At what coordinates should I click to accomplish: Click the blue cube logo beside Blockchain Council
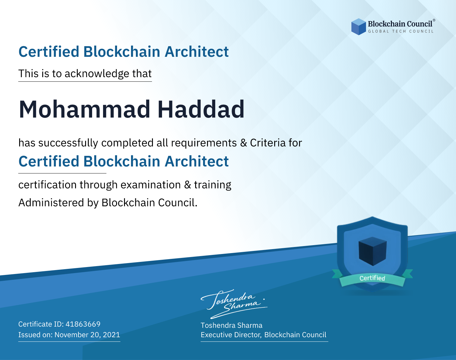point(358,27)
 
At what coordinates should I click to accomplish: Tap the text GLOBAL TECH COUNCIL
point(401,31)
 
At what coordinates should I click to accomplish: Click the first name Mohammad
point(85,109)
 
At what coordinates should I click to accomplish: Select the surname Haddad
point(201,109)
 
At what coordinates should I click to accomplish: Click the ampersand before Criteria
point(244,143)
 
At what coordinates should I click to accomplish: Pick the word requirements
point(204,143)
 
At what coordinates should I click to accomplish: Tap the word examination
point(151,185)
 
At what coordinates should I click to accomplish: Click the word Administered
point(51,202)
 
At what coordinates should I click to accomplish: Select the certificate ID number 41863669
point(83,324)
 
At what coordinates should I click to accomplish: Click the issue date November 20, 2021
point(87,334)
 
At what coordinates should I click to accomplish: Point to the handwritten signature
point(234,304)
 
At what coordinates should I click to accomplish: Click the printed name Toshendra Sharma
point(231,325)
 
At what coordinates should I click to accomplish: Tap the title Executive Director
point(231,335)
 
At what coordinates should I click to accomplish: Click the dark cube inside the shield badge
point(372,251)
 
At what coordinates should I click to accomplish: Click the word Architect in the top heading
point(197,52)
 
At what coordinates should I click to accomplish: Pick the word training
point(212,185)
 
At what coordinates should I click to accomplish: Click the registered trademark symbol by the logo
point(434,20)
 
